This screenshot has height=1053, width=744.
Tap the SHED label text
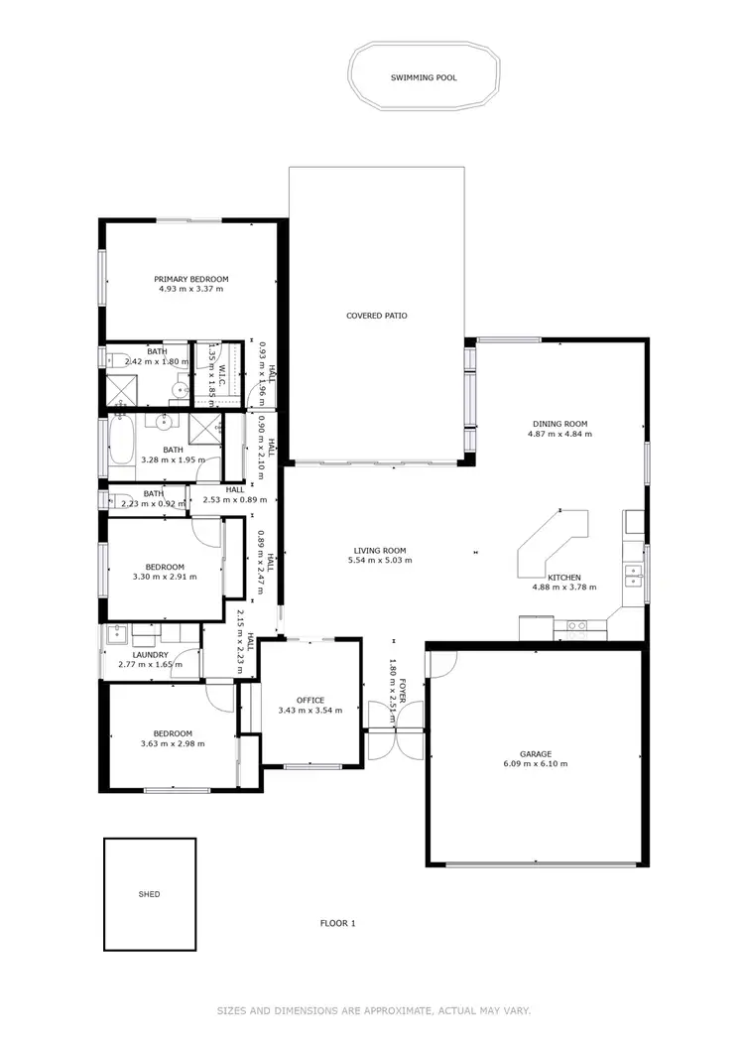tap(149, 894)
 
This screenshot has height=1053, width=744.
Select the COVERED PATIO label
tap(376, 316)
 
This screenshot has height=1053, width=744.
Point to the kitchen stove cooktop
tap(576, 625)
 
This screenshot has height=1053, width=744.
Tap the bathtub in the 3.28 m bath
tap(120, 443)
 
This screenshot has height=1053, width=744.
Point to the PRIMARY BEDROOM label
tap(190, 279)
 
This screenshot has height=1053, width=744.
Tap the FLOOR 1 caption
tap(337, 923)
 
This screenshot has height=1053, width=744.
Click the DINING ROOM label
tap(558, 424)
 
